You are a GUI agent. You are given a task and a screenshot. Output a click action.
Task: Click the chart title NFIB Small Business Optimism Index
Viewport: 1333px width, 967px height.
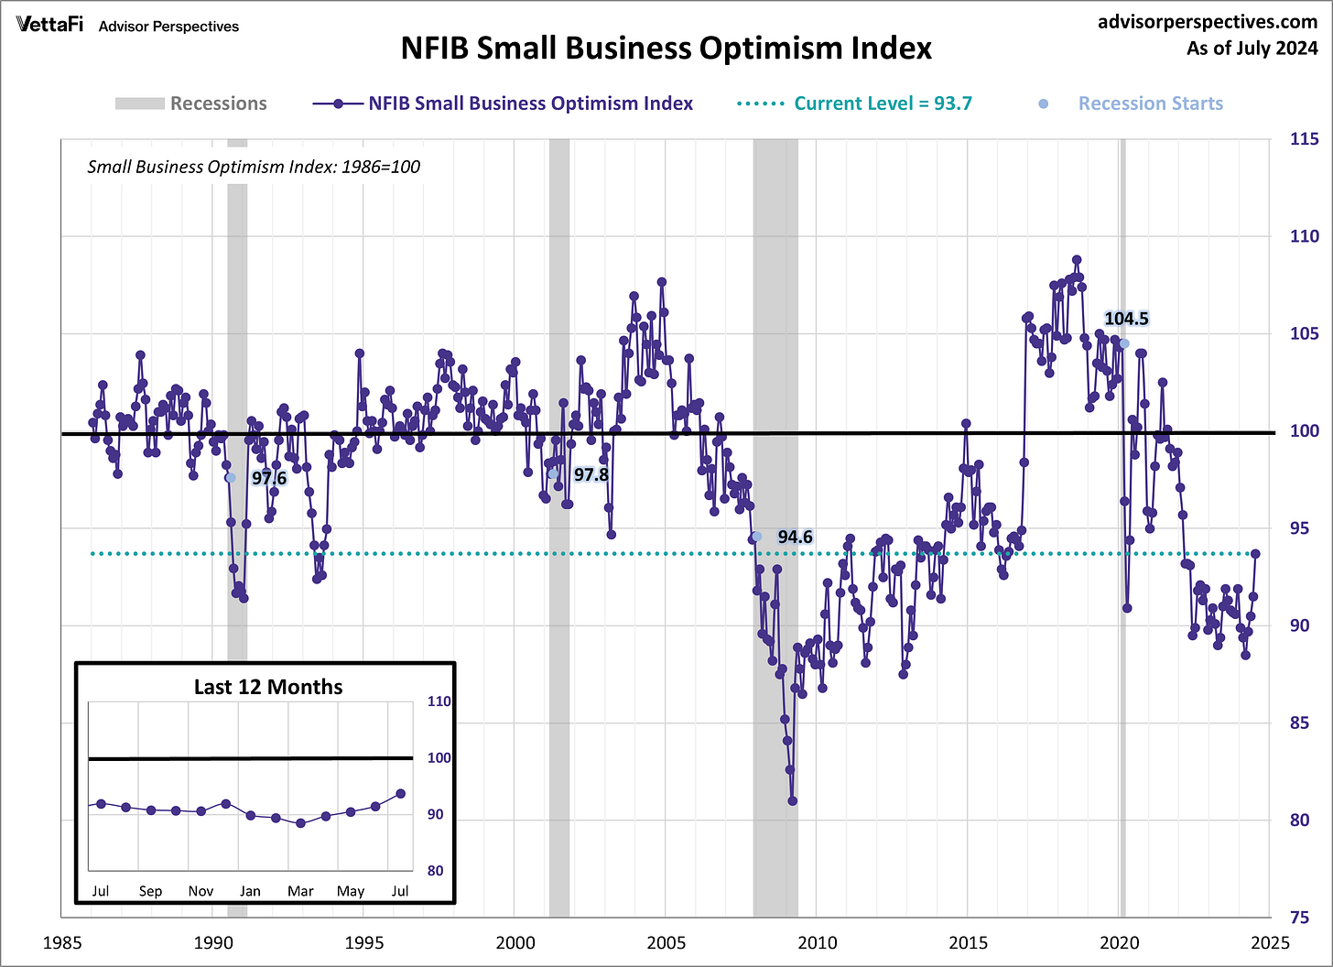(x=666, y=48)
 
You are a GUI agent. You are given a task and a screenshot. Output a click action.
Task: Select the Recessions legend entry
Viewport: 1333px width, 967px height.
(x=191, y=103)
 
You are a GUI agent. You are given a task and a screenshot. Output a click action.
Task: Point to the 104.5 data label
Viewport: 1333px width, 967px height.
(x=1126, y=319)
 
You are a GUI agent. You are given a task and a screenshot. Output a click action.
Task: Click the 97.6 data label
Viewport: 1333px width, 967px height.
(x=269, y=478)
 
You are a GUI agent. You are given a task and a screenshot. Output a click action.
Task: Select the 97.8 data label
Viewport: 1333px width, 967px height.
(x=591, y=474)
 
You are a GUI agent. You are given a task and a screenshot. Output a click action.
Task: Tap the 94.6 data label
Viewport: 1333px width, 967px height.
(x=795, y=537)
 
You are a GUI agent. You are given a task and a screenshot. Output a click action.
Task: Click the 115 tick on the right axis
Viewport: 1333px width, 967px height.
(x=1304, y=139)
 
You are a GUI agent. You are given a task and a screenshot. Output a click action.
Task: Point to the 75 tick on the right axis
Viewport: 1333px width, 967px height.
(x=1304, y=918)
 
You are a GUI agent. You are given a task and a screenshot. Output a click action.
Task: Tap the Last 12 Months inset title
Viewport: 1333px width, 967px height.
(x=267, y=687)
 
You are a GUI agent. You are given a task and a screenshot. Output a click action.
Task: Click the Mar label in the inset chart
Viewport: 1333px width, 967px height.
(x=300, y=891)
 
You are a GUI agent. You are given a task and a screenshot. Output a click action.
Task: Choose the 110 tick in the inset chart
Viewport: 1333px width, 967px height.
(x=439, y=701)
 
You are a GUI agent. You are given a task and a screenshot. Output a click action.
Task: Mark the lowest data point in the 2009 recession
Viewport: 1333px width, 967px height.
(x=792, y=800)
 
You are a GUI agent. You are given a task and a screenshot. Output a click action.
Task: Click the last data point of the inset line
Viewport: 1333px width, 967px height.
(x=400, y=794)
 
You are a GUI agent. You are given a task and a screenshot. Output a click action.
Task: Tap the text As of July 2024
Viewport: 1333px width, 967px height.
(x=1252, y=48)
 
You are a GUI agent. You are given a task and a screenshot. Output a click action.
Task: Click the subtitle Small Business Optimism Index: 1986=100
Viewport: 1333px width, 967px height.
(x=254, y=167)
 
